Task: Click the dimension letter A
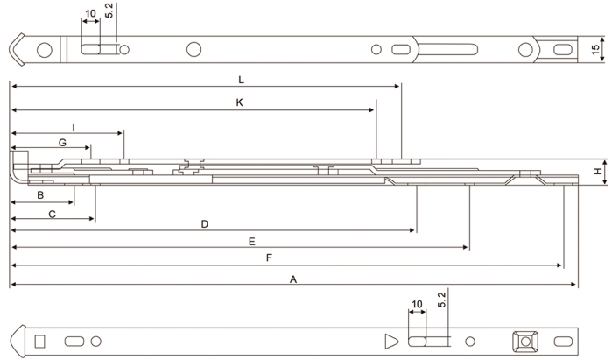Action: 294,279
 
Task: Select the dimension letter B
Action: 40,194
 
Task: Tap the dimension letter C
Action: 52,214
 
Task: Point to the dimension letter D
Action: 204,224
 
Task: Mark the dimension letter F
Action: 269,258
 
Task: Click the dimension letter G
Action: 62,142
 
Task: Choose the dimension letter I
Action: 74,127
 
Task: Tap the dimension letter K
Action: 239,102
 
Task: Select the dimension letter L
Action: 241,80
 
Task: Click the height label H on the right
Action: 598,172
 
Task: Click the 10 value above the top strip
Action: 90,15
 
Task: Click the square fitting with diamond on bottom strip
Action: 525,339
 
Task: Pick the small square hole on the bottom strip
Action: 39,339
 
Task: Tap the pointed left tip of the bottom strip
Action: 15,339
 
